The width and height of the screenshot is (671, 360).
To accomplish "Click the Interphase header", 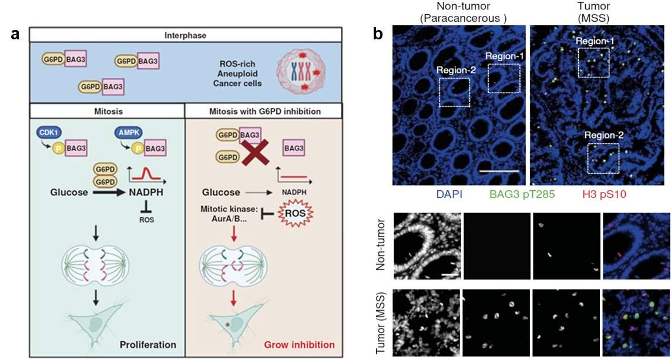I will click(x=185, y=35).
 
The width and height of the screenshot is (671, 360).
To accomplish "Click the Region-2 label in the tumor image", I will click(x=603, y=134).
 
